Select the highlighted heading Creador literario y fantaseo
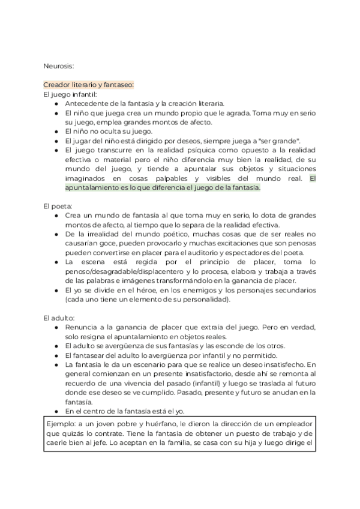(x=89, y=85)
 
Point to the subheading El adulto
(x=59, y=318)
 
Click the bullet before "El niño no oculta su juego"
(x=56, y=131)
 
